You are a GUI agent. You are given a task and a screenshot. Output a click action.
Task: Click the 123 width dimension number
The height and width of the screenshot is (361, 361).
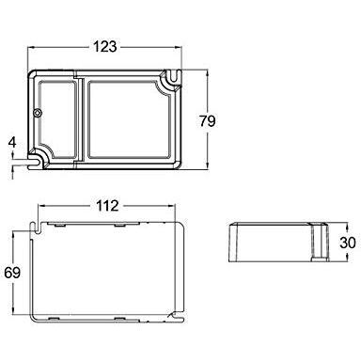point(105,47)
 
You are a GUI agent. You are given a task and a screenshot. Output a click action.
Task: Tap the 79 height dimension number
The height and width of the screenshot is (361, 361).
point(208,121)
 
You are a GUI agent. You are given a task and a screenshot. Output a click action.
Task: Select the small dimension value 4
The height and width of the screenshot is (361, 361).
point(12,143)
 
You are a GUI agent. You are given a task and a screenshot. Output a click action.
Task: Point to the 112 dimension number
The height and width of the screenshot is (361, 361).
point(107,206)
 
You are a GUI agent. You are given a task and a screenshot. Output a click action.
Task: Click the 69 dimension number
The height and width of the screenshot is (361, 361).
point(12,273)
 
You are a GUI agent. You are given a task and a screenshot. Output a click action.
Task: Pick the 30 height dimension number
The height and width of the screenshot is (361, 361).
point(348,243)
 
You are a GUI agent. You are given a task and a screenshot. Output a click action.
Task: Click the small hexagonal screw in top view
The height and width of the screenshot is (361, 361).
point(38,113)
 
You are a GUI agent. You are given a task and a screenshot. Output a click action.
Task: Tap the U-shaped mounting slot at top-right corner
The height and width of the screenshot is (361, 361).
point(173,77)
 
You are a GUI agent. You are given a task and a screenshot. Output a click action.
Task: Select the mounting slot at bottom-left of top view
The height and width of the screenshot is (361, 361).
point(35,162)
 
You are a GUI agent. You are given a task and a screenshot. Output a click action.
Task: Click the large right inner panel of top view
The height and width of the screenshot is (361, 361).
point(129,119)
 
